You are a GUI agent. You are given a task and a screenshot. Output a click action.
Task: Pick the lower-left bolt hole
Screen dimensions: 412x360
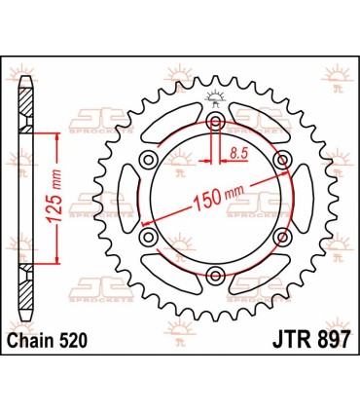pyautogui.click(x=148, y=237)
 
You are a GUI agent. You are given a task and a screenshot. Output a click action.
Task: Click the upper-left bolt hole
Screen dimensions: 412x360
pyautogui.click(x=148, y=159)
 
